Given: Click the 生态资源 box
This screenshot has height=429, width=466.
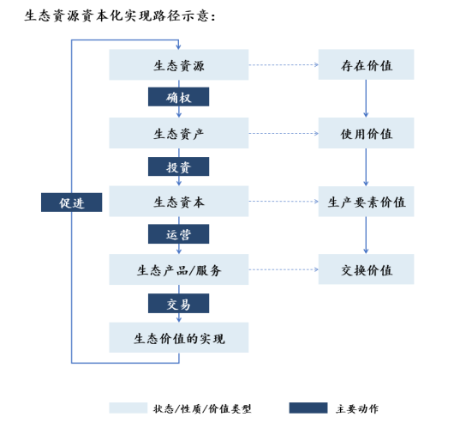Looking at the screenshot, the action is click(x=179, y=64).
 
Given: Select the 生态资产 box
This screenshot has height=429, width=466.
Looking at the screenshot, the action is click(x=179, y=133).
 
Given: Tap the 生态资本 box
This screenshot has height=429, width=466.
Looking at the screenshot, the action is click(x=179, y=202).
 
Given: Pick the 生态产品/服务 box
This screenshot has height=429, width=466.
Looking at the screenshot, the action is click(x=179, y=269).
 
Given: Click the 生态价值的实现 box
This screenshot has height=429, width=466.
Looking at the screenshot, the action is click(x=179, y=337).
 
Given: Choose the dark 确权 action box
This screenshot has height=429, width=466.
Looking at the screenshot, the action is click(x=179, y=97).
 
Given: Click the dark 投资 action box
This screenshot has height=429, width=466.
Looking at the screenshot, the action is click(x=179, y=166).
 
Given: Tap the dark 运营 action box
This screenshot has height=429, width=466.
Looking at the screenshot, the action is click(x=179, y=234).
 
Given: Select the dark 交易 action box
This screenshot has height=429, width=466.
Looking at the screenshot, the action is click(x=179, y=304).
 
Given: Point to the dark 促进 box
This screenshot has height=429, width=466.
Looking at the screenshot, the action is click(x=72, y=202).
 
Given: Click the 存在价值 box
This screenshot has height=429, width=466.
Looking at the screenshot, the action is click(x=366, y=64).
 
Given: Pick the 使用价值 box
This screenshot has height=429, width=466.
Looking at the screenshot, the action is click(x=366, y=133).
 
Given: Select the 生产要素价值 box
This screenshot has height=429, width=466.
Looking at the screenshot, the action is click(x=366, y=202).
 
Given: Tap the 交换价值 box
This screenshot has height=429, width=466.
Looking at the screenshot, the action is click(x=366, y=269).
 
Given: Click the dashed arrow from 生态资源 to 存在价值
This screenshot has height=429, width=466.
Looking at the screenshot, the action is click(x=284, y=64).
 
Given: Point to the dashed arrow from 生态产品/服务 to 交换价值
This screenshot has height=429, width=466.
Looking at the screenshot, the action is click(x=284, y=269).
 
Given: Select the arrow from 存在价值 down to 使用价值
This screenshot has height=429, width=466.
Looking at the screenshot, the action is click(x=366, y=99).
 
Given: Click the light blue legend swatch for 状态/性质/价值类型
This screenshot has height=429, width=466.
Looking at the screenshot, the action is click(x=128, y=408).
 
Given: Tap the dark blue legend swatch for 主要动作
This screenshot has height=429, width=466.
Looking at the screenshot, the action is click(x=308, y=408).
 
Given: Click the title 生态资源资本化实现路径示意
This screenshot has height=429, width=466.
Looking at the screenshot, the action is click(x=117, y=15).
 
